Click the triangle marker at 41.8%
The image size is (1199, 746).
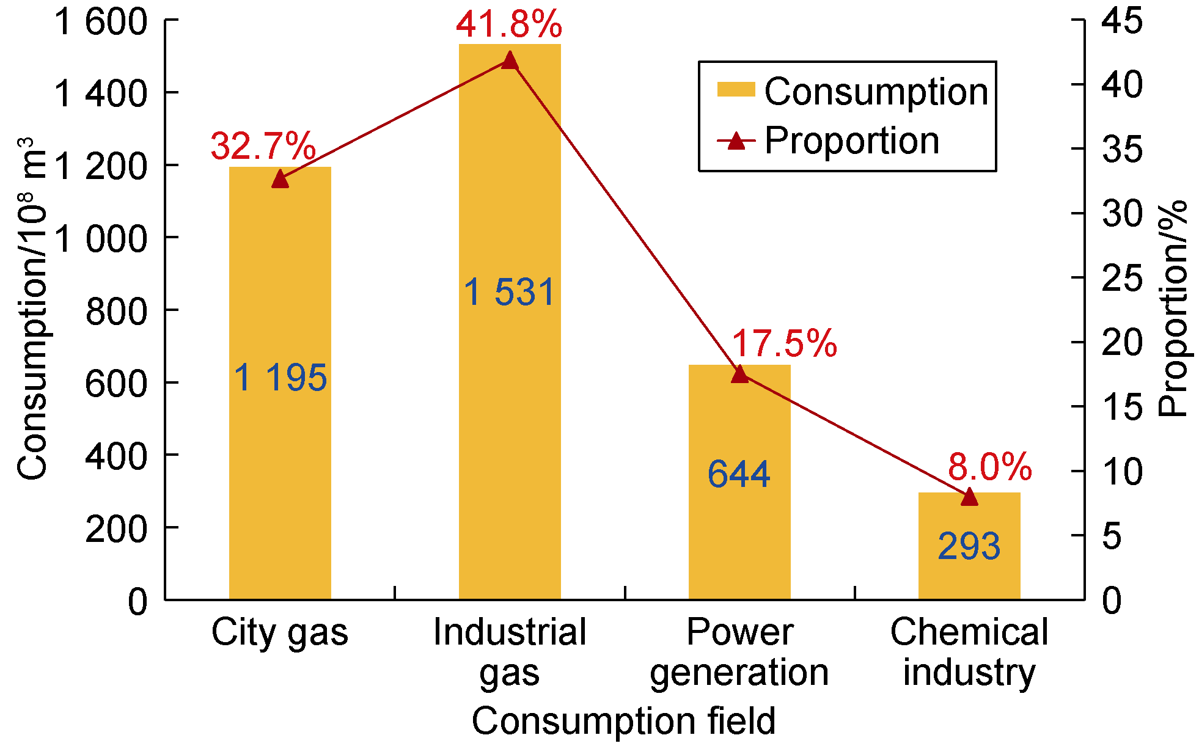(x=510, y=60)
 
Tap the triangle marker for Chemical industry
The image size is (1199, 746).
(x=969, y=497)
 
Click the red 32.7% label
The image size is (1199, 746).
(x=263, y=146)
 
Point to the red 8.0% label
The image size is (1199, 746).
(x=990, y=467)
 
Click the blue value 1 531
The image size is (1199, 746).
(x=510, y=292)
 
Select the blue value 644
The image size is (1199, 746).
(x=739, y=474)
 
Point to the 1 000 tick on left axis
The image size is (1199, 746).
(x=101, y=238)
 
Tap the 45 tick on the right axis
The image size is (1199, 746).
(x=1122, y=21)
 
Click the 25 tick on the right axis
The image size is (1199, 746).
(x=1122, y=279)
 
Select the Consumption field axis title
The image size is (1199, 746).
(x=623, y=721)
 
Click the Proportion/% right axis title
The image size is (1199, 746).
(x=1173, y=309)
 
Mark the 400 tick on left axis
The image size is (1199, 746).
(x=116, y=456)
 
